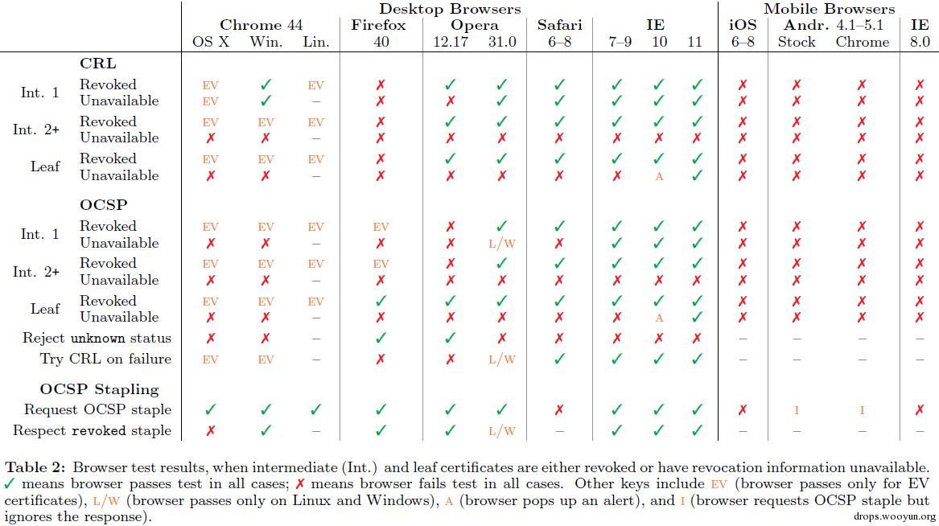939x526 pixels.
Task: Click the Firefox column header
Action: click(381, 25)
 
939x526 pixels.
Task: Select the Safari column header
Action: click(559, 25)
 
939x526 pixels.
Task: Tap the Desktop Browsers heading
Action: click(450, 9)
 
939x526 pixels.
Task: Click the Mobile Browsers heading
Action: click(829, 9)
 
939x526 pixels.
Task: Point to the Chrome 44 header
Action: click(261, 25)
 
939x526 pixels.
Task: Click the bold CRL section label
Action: click(98, 63)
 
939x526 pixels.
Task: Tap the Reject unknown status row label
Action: click(97, 339)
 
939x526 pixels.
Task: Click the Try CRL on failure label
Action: click(105, 359)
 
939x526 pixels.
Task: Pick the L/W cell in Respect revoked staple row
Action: click(501, 431)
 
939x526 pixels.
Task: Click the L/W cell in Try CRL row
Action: click(501, 360)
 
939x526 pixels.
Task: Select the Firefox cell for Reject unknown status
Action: click(381, 339)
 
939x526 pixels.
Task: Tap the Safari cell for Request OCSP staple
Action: click(559, 410)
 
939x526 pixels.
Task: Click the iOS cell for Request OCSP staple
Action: click(743, 410)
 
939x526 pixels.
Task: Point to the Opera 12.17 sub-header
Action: click(450, 42)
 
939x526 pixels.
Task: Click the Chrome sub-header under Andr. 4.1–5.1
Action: click(862, 42)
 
